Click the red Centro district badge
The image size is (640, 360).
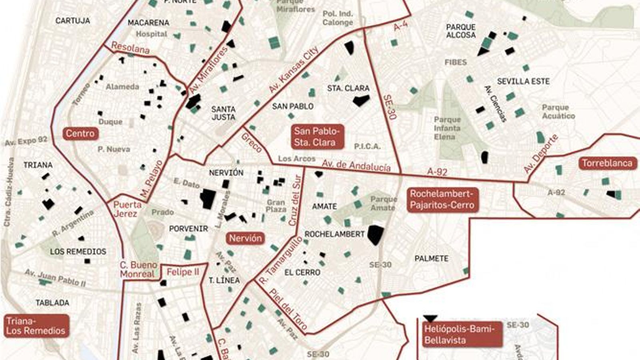80,134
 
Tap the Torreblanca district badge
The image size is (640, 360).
607,163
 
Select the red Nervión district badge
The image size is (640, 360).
245,238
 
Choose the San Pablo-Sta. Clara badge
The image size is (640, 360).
317,136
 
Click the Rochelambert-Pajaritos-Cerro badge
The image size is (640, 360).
442,200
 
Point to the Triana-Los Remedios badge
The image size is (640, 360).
36,326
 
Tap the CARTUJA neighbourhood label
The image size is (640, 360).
72,21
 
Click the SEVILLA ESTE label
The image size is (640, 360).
523,81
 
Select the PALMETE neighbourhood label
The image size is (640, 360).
431,259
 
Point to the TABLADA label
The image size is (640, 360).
52,303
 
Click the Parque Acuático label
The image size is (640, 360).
558,112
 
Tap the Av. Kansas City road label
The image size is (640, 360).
294,70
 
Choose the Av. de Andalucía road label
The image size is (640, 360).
356,165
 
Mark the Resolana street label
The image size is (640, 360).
130,48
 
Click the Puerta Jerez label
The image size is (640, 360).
127,209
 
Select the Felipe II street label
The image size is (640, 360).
183,272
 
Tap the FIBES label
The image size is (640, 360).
456,62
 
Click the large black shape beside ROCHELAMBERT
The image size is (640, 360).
375,234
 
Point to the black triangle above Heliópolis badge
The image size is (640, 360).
430,319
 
